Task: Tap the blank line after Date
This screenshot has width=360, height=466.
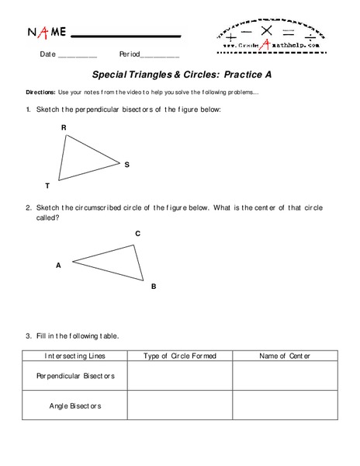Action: (78, 57)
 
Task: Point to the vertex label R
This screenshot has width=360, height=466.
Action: (64, 127)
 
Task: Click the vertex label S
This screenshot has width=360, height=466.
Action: (126, 165)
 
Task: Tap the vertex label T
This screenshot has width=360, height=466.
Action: (47, 186)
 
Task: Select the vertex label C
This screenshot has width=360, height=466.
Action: (137, 233)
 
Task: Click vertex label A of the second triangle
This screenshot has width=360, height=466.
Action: (58, 265)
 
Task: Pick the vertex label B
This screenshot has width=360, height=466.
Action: (154, 287)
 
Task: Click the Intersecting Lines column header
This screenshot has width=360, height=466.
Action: (75, 356)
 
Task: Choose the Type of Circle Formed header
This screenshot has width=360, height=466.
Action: (180, 356)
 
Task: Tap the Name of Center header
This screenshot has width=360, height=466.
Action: (284, 356)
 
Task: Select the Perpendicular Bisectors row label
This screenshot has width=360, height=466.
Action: (75, 376)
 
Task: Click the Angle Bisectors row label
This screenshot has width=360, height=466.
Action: (75, 405)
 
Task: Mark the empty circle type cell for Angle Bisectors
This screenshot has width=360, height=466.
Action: (180, 405)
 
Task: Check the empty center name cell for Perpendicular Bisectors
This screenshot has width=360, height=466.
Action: (284, 376)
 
